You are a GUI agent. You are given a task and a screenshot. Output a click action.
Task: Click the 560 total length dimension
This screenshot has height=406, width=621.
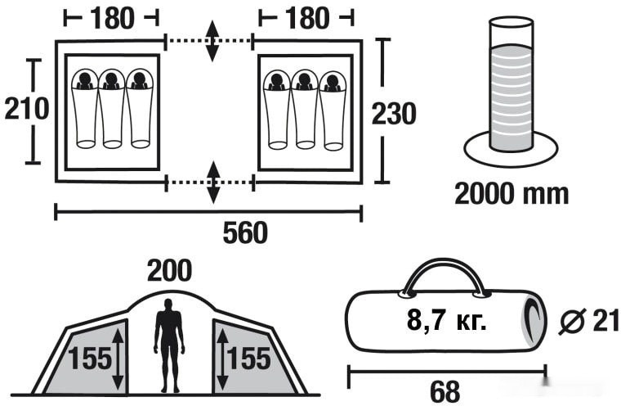point(245,233)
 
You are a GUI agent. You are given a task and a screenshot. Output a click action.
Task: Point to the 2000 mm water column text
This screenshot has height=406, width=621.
point(512,193)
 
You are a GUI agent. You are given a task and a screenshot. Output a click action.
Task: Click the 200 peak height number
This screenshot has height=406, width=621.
point(170,270)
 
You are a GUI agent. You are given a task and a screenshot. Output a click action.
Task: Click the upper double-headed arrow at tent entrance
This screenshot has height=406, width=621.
point(212,38)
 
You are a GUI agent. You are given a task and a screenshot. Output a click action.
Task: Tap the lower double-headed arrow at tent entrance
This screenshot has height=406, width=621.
point(212,182)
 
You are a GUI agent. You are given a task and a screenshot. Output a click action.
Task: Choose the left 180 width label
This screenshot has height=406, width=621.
point(112,16)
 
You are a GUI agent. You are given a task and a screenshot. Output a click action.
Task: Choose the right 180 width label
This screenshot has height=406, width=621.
point(306,16)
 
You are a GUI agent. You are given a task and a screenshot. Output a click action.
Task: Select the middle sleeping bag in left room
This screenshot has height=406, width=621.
point(112,109)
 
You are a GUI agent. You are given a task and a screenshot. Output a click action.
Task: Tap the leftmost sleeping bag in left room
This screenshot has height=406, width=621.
point(85,109)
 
